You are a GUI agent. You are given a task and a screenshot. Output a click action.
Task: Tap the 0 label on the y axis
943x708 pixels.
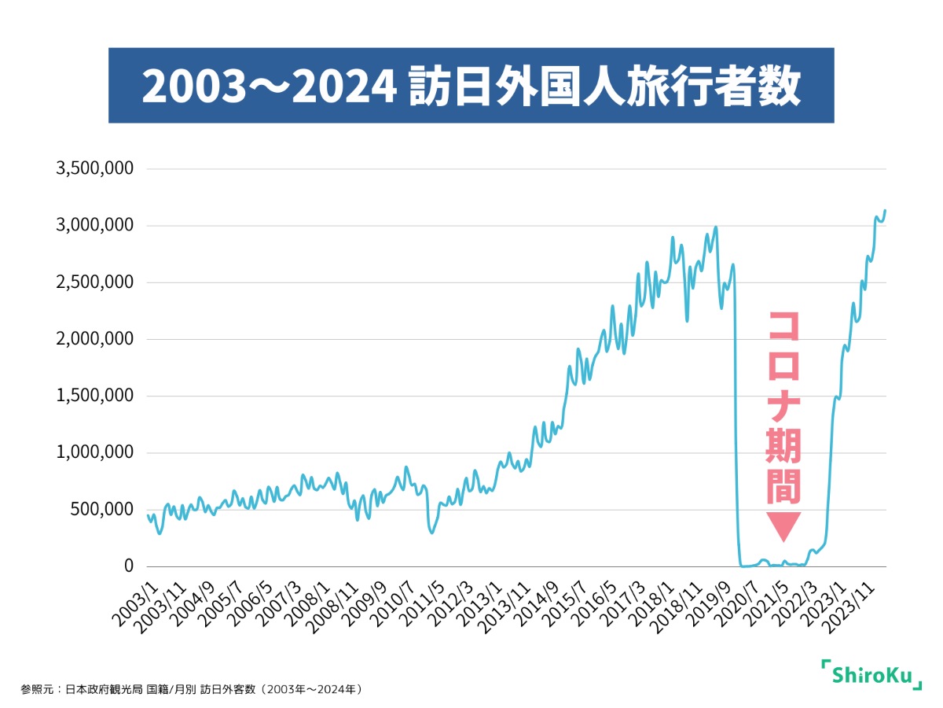129,566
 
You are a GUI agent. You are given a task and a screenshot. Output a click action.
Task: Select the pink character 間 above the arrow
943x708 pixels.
783,487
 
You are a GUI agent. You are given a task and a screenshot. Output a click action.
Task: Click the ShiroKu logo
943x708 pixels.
871,674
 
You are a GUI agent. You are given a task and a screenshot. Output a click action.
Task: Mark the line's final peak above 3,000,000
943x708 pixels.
885,211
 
